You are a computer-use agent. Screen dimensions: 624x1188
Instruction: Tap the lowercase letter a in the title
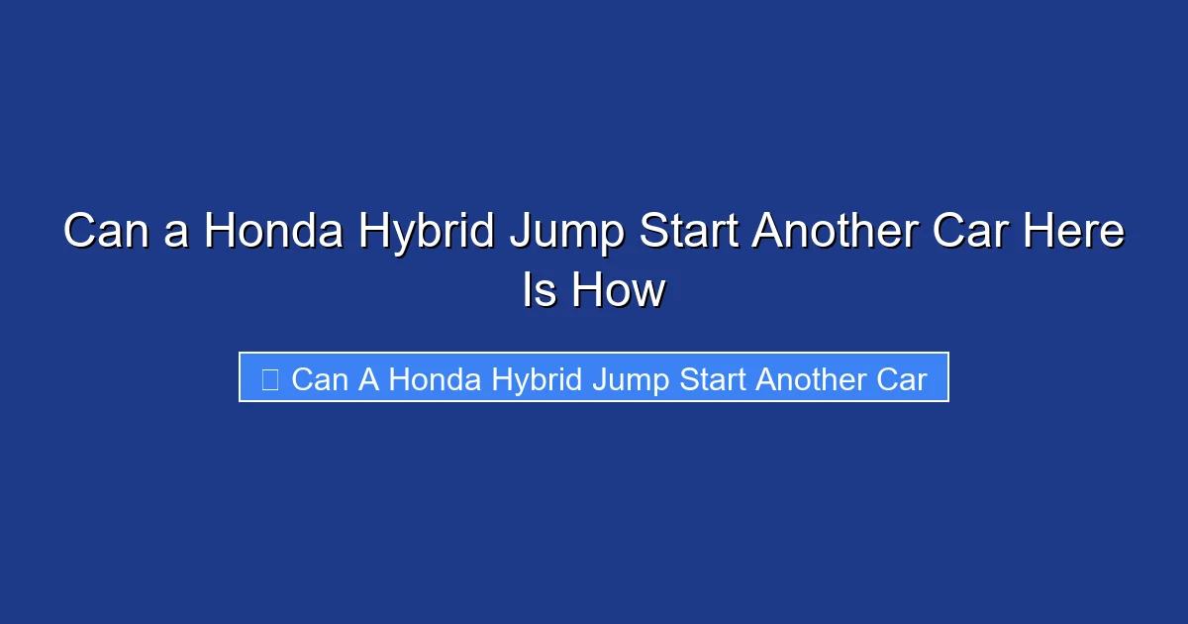(x=177, y=235)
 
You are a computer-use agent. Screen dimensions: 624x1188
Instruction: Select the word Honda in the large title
(x=273, y=233)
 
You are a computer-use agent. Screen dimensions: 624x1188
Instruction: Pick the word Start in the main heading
(x=689, y=233)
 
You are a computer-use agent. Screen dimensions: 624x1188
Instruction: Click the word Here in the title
(x=1076, y=233)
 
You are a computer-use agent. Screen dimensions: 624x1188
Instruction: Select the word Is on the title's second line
(x=541, y=291)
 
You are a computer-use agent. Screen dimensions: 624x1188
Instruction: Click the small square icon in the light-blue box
(x=269, y=378)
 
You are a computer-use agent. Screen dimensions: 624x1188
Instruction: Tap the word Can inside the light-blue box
(x=320, y=378)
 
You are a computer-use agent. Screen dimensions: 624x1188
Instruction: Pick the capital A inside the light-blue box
(x=368, y=378)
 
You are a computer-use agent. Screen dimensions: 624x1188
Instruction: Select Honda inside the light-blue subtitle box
(x=428, y=378)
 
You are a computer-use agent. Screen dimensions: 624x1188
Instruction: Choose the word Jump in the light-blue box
(x=630, y=379)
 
